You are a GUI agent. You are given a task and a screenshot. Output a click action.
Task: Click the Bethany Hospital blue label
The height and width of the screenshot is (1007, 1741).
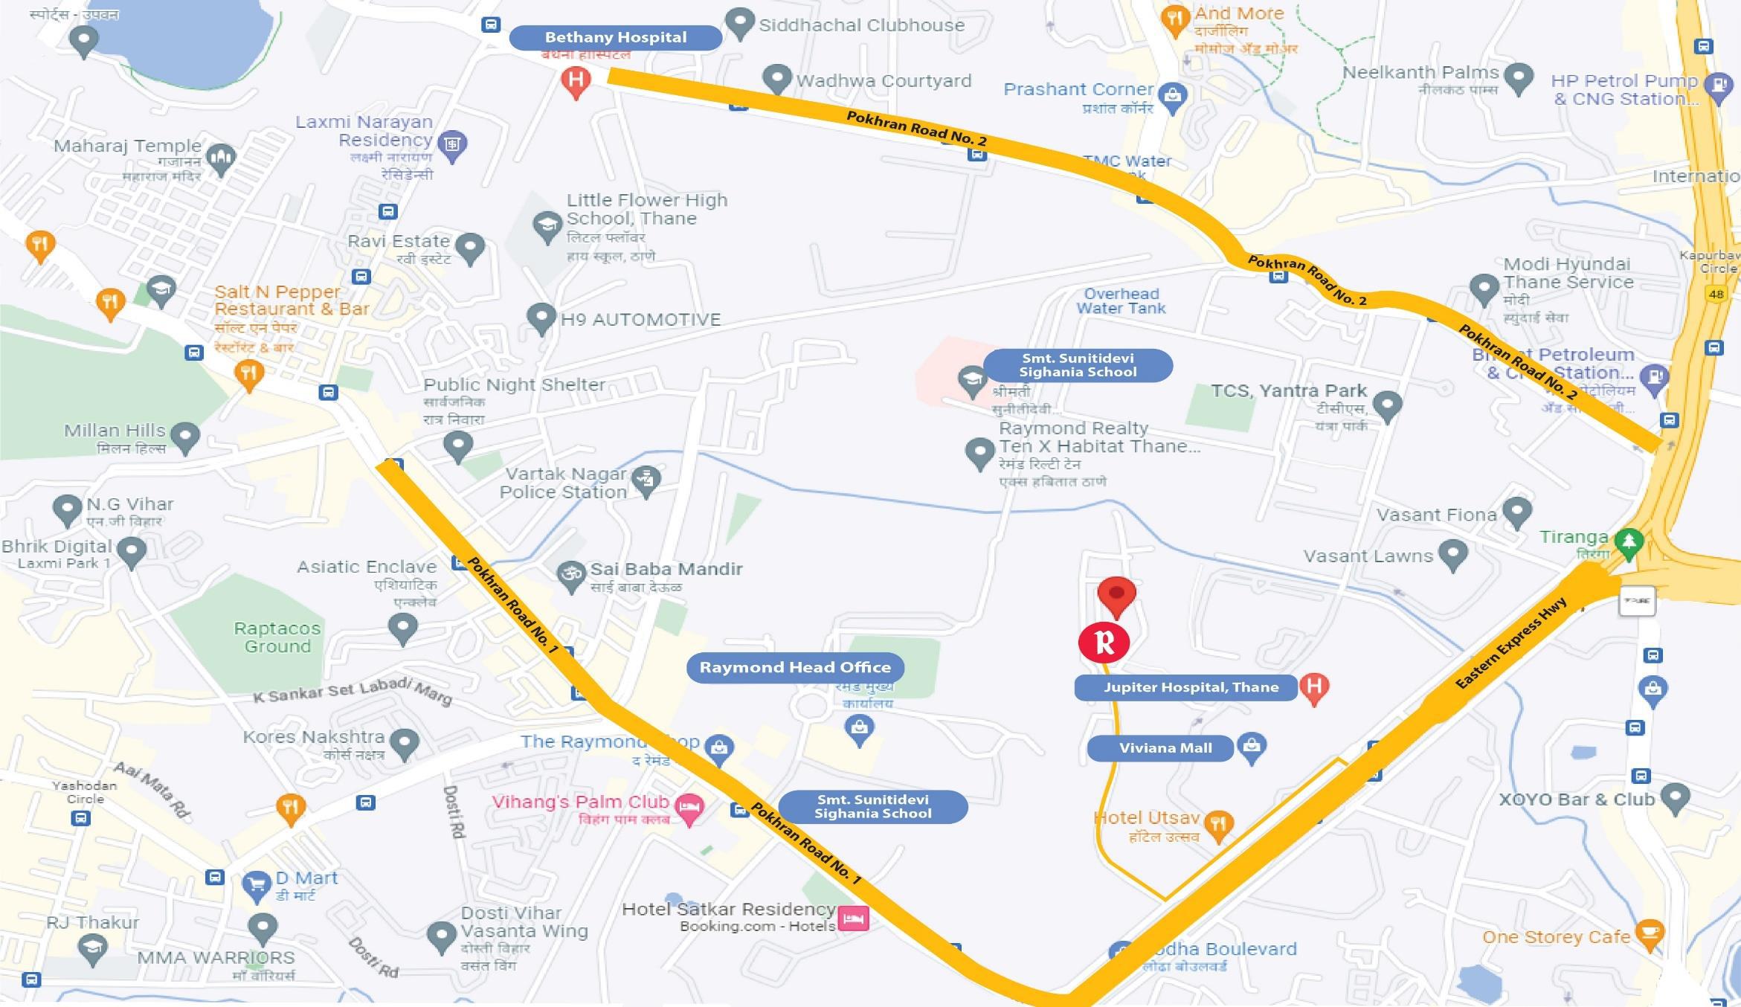pos(615,37)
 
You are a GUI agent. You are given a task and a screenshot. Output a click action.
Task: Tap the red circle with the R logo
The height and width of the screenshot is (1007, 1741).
pos(1104,643)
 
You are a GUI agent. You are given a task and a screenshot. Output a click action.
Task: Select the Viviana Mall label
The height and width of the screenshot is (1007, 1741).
pos(1165,748)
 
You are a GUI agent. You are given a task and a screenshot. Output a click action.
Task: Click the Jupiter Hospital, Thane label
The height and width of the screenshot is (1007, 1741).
pos(1190,687)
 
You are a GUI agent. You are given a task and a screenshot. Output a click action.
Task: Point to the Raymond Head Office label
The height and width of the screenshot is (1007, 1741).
pos(794,667)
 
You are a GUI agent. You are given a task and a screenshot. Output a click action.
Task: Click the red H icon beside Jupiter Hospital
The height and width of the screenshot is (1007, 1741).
pos(1314,686)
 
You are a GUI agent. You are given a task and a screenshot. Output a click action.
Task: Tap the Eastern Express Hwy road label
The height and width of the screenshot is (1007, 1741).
pos(1510,644)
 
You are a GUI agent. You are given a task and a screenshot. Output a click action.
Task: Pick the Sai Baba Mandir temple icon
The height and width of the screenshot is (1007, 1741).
pos(571,574)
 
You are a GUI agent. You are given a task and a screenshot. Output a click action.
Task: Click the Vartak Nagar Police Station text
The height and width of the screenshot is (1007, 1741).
pos(563,483)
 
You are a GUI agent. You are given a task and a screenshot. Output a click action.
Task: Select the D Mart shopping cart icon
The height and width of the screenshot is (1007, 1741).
pos(257,885)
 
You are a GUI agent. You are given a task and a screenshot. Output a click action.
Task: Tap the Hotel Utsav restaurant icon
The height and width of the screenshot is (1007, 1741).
pos(1218,824)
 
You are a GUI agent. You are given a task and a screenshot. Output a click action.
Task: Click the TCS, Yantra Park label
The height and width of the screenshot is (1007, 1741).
pos(1288,391)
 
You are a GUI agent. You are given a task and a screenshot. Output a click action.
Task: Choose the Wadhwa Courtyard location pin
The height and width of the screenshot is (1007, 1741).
pos(777,77)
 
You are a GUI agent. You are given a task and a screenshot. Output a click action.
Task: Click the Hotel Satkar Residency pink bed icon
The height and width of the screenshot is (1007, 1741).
pos(853,918)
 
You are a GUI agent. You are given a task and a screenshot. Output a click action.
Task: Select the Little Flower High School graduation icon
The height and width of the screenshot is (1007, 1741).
pos(547,225)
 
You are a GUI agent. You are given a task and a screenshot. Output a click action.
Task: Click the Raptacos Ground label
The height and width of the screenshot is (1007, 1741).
pos(277,637)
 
